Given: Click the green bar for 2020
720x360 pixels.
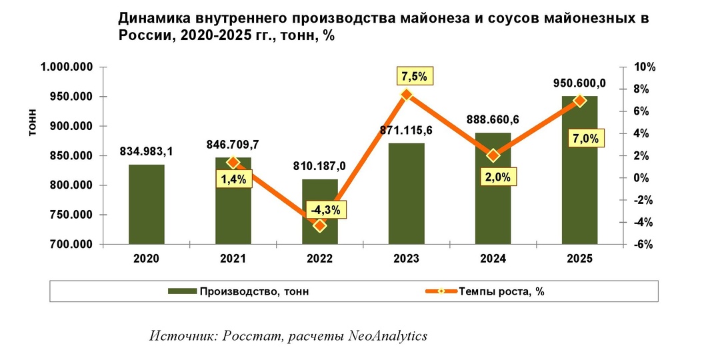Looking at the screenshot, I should pos(147,204).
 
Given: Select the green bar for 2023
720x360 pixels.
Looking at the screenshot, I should pos(407,193).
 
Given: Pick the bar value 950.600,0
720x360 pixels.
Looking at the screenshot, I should pos(579,83).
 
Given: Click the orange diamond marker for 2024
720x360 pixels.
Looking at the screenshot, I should pos(493,155).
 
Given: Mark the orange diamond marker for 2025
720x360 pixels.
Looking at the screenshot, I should pos(579,101).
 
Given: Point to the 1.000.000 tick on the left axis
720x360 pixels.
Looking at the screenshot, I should pos(67,67).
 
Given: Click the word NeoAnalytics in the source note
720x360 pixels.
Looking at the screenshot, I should pos(388,335).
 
